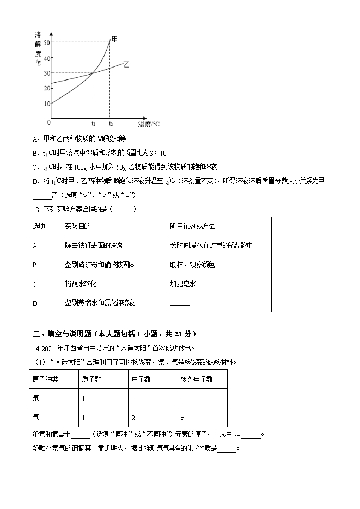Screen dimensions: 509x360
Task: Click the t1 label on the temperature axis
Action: point(93,124)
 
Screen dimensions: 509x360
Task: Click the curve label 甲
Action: point(114,39)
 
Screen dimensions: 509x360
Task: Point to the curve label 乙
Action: point(126,64)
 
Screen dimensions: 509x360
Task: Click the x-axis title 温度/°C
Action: point(149,125)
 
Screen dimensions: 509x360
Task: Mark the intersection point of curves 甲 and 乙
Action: point(93,73)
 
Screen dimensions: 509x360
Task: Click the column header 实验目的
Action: point(77,226)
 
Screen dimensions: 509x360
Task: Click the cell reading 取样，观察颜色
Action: point(192,265)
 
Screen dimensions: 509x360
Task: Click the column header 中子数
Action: point(141,379)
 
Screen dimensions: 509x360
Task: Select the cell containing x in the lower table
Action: point(182,418)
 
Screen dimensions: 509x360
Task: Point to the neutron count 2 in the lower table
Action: point(133,418)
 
